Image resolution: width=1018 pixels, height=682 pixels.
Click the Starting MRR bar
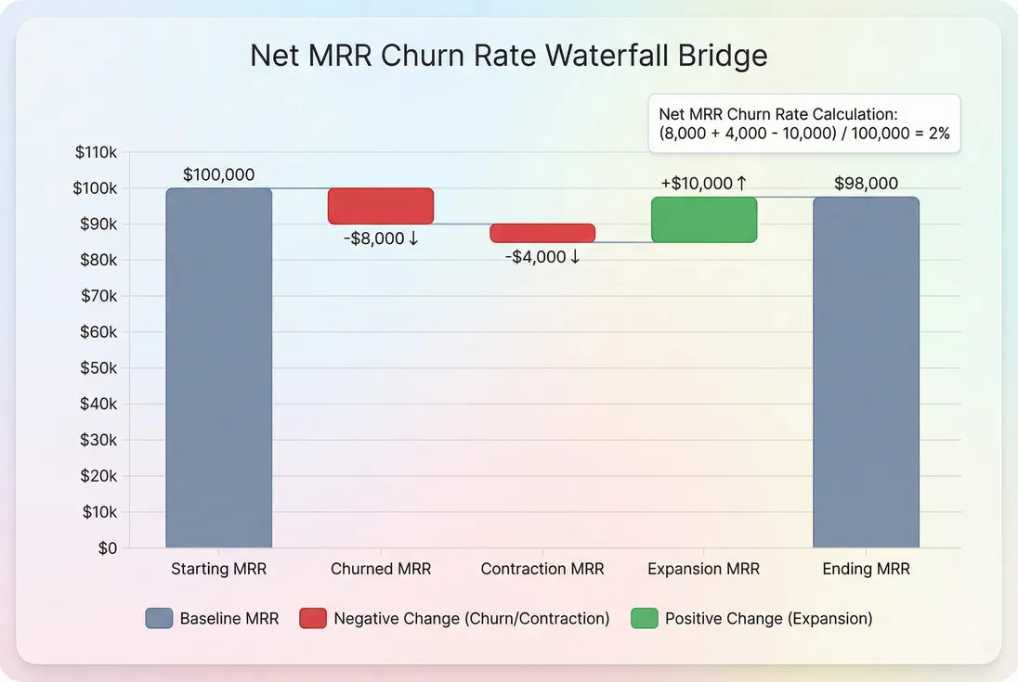point(219,367)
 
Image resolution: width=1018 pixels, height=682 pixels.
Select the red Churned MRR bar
point(381,206)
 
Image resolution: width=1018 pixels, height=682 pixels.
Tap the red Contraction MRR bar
point(542,233)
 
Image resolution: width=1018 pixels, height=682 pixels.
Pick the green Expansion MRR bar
point(704,220)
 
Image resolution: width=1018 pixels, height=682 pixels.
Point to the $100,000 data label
point(218,174)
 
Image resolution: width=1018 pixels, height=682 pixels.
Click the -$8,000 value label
point(381,238)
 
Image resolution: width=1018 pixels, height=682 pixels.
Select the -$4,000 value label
point(542,257)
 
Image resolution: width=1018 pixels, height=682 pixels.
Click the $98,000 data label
point(866,184)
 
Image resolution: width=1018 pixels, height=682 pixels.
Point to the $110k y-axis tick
point(96,153)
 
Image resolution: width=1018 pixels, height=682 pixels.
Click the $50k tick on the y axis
point(98,368)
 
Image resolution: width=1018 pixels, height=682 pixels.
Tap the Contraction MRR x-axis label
point(542,569)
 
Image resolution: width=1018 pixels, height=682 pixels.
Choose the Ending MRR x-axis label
point(866,569)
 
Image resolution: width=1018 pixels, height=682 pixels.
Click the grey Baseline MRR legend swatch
point(159,618)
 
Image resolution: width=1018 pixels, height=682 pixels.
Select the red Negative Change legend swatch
point(313,618)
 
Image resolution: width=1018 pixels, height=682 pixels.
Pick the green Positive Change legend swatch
point(644,618)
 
